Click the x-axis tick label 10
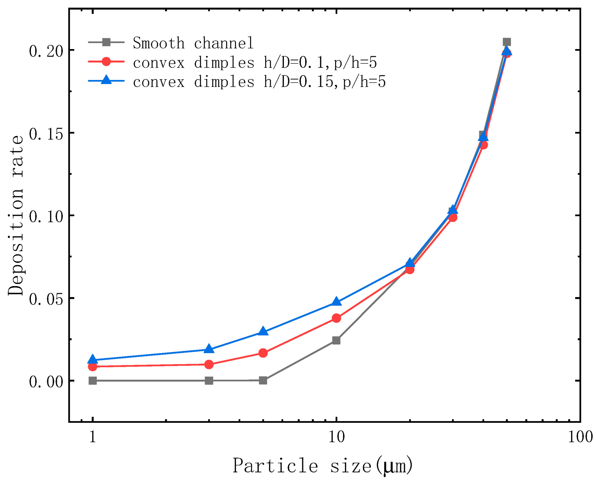(x=336, y=437)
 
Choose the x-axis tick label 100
(x=580, y=437)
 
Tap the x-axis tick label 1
(x=93, y=437)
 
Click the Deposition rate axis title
(x=16, y=215)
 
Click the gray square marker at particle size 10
(x=336, y=340)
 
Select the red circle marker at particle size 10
(x=336, y=318)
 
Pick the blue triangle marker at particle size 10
(x=336, y=302)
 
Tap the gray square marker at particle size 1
(x=93, y=381)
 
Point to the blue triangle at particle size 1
(x=93, y=359)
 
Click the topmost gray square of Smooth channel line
(x=506, y=42)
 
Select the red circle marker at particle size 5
(x=263, y=353)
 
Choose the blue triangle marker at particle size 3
(x=209, y=349)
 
